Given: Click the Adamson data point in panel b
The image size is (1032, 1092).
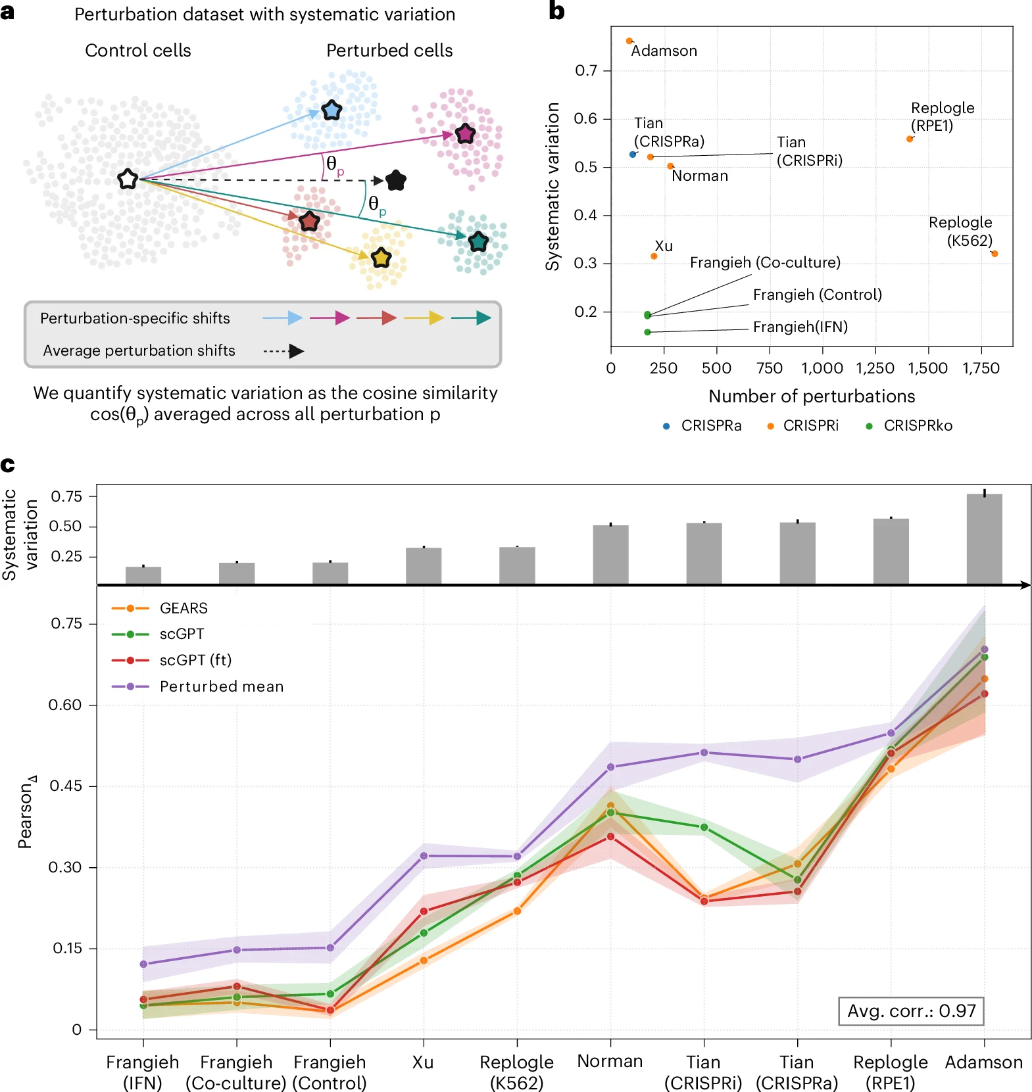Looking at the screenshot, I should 629,41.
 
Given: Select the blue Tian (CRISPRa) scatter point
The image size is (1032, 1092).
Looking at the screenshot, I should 633,154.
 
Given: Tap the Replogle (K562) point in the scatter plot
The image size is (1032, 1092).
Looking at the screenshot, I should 995,254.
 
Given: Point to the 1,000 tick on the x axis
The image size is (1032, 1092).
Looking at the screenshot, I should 822,368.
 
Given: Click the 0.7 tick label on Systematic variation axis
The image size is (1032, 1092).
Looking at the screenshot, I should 585,70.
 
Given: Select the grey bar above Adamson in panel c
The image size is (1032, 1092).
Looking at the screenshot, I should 984,538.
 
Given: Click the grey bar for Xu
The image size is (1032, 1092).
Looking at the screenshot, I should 424,565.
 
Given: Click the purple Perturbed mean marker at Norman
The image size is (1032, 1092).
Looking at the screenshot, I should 610,767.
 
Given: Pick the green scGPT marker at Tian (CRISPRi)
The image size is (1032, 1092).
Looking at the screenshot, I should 704,827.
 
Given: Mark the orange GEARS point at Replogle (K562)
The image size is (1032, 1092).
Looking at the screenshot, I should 517,911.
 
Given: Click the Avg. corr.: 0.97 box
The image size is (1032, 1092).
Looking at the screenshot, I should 911,1010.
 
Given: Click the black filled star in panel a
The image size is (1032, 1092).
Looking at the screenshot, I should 396,180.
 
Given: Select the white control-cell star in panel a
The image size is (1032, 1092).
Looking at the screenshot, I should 128,179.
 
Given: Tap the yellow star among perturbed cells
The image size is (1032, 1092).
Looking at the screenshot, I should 381,258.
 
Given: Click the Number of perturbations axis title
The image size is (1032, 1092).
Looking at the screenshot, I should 812,396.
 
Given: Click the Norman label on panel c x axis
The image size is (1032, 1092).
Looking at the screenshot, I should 610,1061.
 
